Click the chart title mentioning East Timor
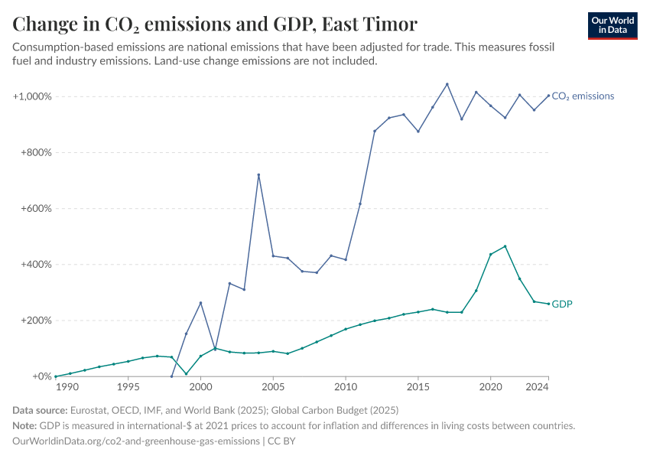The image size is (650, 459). click(x=215, y=24)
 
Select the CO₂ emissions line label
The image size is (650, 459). click(x=583, y=96)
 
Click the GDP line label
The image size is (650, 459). click(x=562, y=304)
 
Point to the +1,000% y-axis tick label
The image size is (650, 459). click(x=31, y=96)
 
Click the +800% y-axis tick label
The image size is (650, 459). click(x=35, y=152)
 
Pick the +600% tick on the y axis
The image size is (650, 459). click(x=35, y=209)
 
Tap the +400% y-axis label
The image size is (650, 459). click(x=35, y=265)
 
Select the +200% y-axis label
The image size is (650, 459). click(x=35, y=321)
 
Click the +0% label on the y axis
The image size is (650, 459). click(x=40, y=376)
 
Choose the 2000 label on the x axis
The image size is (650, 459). click(x=200, y=388)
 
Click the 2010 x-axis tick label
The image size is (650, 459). click(x=346, y=388)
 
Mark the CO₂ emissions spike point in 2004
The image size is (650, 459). click(x=258, y=174)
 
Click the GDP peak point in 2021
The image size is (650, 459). click(x=505, y=246)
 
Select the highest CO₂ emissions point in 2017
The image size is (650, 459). click(x=447, y=84)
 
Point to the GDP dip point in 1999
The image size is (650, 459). click(x=186, y=374)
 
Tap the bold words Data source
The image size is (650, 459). click(x=44, y=411)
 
